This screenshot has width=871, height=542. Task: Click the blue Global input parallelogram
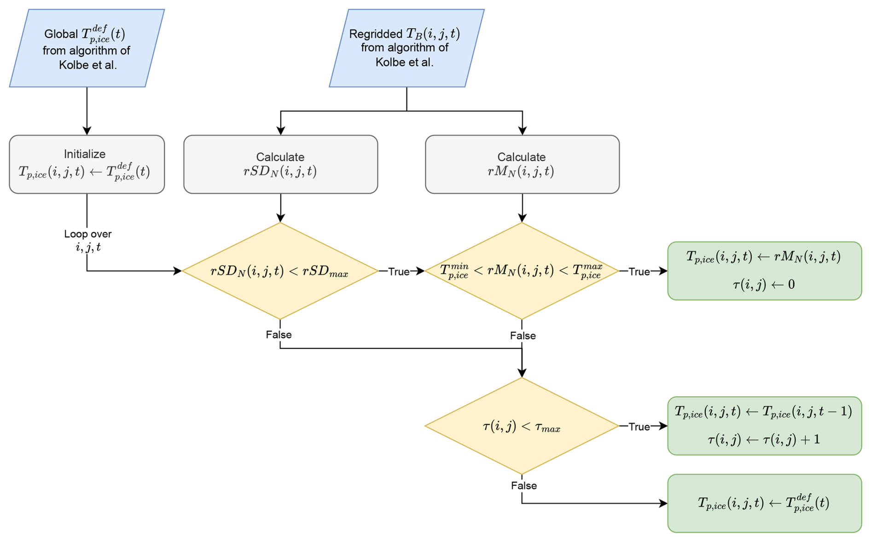coord(87,48)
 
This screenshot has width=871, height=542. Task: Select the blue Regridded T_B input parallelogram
coord(406,48)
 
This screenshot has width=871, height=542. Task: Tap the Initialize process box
coord(87,164)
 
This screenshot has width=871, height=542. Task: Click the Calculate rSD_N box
coord(280,164)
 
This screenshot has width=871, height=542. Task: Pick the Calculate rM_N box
coord(522,164)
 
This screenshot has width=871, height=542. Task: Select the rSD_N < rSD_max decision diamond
coord(280,271)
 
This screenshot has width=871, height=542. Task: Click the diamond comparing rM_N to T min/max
coord(522,271)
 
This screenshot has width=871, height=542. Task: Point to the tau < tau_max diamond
coord(522,427)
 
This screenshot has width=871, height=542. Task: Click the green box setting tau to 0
coord(764,271)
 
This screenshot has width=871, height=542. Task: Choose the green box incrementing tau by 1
coord(764,426)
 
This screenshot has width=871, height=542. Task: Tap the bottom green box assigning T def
coord(764,503)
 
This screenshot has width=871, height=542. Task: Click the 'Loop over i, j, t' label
coord(87,240)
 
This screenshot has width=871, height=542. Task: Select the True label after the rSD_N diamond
coord(399,271)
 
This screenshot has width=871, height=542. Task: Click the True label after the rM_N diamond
coord(639,271)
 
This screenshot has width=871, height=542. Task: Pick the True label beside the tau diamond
coord(639,427)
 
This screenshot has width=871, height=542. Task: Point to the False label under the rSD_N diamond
coord(279,334)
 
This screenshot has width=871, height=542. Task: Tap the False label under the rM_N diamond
coord(523,336)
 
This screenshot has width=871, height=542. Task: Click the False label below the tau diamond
coord(523,485)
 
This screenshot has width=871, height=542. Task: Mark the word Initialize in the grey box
coord(85,154)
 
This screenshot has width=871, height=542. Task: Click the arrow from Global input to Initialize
coord(87,110)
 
